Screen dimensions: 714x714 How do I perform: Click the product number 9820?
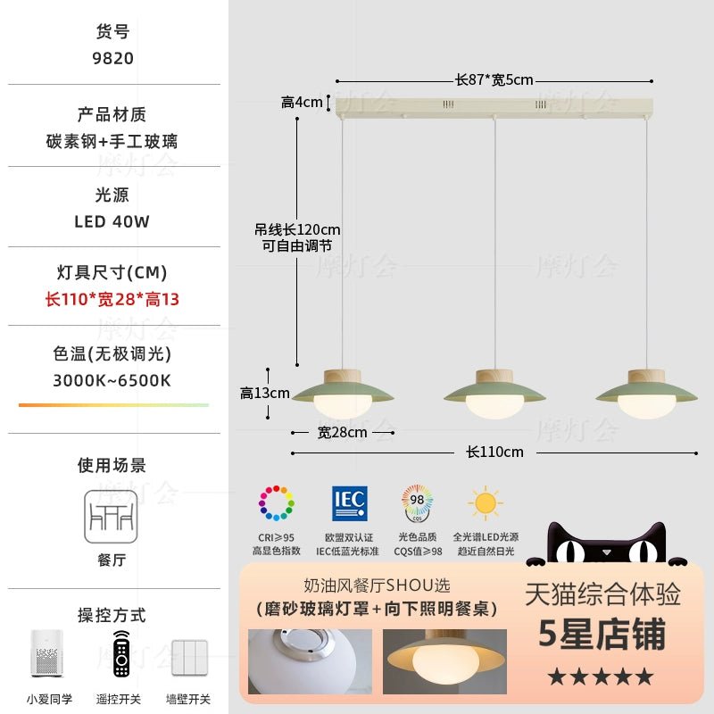point(114,58)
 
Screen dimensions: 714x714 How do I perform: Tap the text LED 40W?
point(112,221)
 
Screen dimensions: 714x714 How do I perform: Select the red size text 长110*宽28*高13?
point(112,299)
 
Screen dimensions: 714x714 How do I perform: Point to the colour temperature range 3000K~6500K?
point(112,380)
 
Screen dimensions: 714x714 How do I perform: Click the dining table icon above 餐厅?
point(112,516)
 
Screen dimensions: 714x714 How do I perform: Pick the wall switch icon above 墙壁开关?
point(189,657)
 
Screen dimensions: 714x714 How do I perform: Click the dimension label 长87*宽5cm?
point(494,80)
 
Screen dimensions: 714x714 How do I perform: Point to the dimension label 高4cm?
point(302,103)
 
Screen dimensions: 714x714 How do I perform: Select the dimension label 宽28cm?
point(343,433)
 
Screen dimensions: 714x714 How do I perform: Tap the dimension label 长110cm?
point(494,452)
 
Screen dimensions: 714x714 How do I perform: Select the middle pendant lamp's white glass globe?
point(494,408)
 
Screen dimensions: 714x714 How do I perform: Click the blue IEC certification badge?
point(349,502)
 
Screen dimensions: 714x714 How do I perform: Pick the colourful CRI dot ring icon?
point(277,502)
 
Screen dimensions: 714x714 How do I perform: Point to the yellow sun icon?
point(486,502)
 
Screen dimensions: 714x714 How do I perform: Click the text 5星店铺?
point(602,635)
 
